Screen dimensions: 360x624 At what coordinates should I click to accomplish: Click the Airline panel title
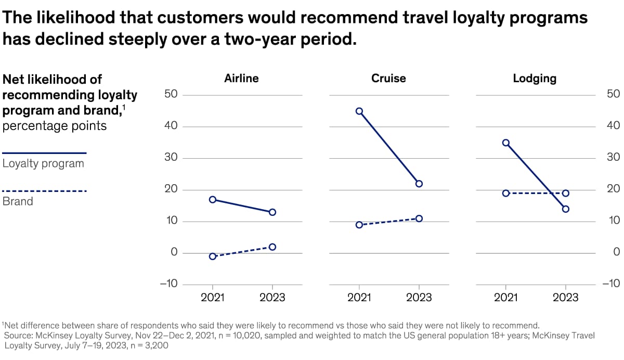[x=241, y=79]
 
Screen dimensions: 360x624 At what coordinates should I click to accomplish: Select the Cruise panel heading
[x=388, y=79]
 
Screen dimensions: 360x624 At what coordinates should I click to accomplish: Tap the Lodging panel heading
[x=535, y=79]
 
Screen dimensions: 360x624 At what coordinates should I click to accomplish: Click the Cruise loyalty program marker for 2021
[x=359, y=111]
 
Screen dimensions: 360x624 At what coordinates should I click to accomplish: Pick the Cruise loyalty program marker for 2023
[x=419, y=184]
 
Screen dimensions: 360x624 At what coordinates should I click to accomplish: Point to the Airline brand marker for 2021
[x=212, y=256]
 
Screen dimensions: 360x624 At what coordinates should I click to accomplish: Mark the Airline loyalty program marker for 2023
[x=272, y=212]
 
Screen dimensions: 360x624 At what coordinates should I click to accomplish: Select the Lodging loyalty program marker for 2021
[x=505, y=143]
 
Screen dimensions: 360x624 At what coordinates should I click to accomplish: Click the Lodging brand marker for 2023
[x=566, y=194]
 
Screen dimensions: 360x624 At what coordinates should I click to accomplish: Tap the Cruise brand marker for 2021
[x=359, y=225]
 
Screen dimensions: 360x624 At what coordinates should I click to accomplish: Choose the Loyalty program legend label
[x=43, y=163]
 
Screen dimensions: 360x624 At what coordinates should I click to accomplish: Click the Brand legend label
[x=18, y=201]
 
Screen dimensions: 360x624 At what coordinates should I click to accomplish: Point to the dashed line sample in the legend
[x=44, y=191]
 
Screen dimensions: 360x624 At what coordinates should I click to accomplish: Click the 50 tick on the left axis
[x=171, y=95]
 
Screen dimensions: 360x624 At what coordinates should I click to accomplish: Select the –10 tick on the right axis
[x=610, y=284]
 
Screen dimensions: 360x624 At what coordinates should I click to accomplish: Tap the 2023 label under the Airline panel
[x=272, y=298]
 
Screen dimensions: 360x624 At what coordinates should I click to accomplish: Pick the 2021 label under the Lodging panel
[x=505, y=298]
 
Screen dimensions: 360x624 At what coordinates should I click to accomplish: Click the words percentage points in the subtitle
[x=55, y=126]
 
